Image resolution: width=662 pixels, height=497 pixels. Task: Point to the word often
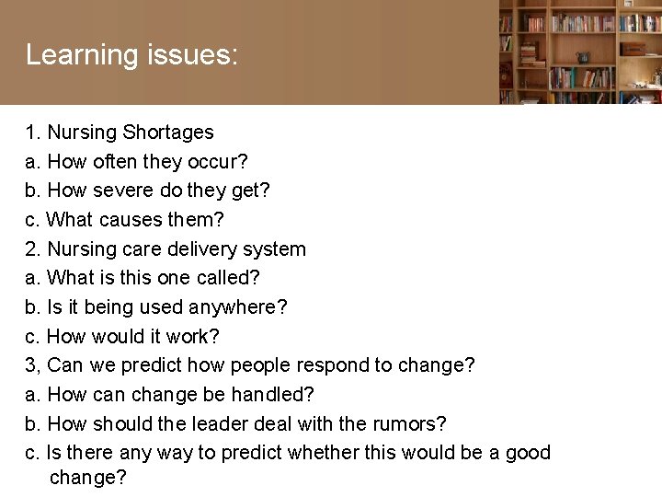[x=114, y=162]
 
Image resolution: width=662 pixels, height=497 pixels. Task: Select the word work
[x=192, y=337]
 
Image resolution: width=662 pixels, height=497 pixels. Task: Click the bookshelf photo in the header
[x=580, y=52]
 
